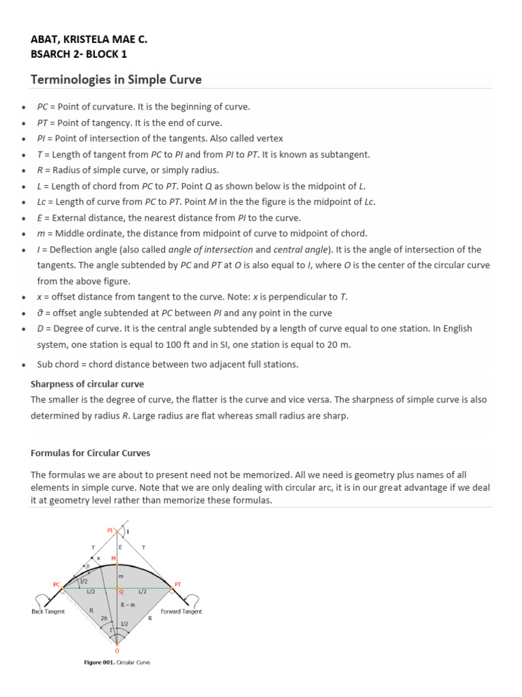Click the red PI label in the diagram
(110, 529)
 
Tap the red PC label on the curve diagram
(56, 583)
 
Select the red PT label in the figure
(178, 583)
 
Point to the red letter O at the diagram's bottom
(116, 651)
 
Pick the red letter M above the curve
(114, 558)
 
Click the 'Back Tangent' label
(48, 611)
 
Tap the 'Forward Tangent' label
(181, 611)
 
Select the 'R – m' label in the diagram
(127, 604)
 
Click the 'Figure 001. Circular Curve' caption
(116, 663)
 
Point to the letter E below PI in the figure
(120, 546)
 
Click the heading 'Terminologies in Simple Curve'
(116, 80)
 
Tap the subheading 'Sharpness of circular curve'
(87, 384)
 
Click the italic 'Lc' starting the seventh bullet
(41, 201)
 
